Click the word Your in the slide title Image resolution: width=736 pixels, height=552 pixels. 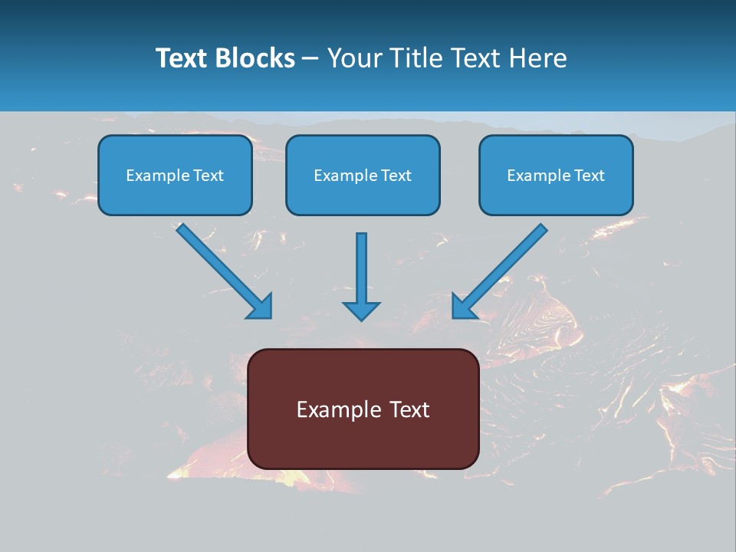click(353, 58)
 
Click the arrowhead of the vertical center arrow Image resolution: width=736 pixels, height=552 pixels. click(361, 309)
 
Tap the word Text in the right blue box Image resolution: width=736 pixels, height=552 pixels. click(589, 176)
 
